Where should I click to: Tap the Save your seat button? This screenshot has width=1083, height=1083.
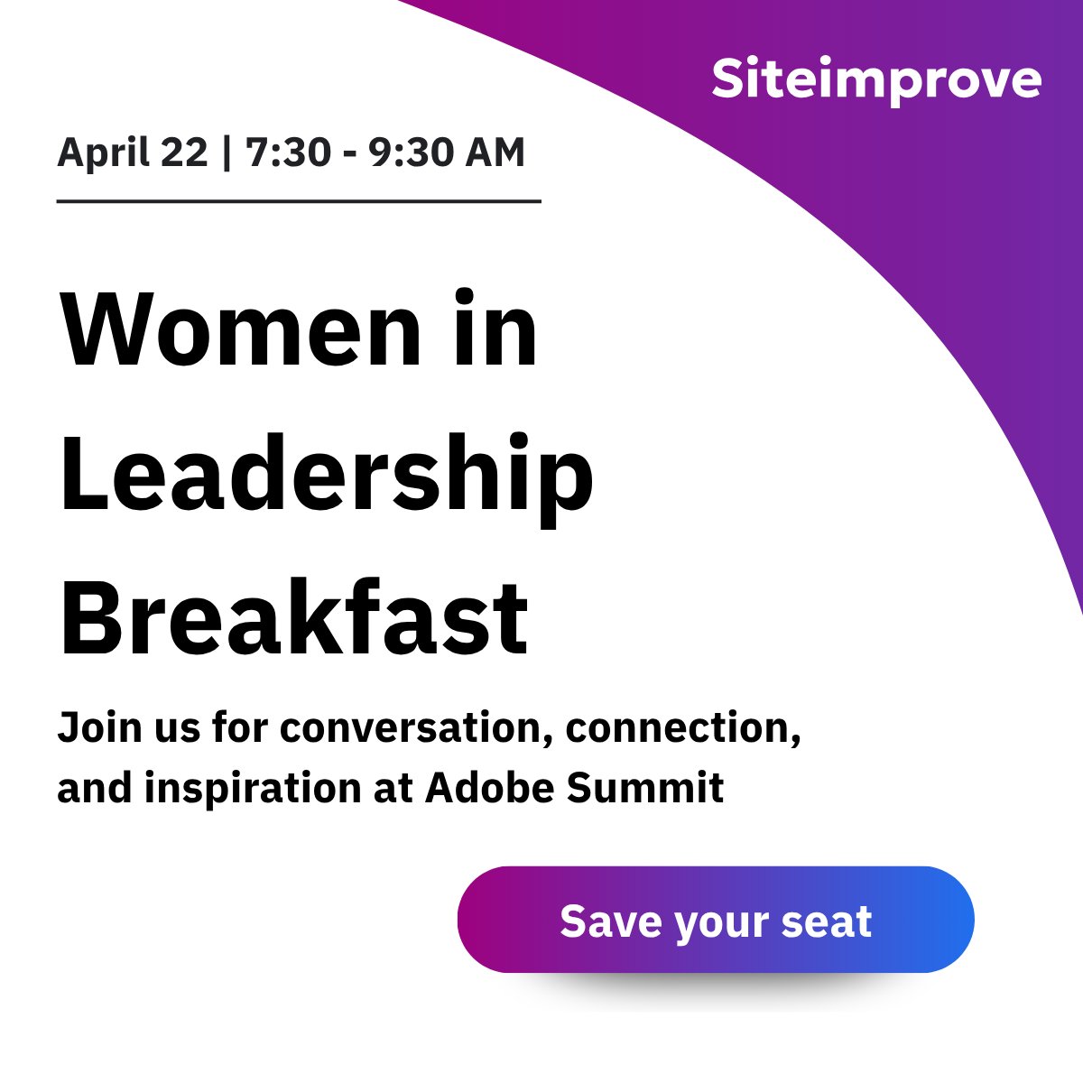(716, 920)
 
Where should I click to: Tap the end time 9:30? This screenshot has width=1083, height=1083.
(412, 153)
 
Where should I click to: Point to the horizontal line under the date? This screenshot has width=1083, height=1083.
(299, 201)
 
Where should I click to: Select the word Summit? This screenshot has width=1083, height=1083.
(645, 788)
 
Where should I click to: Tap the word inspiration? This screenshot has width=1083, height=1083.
(253, 788)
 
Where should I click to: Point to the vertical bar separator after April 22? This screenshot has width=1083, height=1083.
(227, 153)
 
